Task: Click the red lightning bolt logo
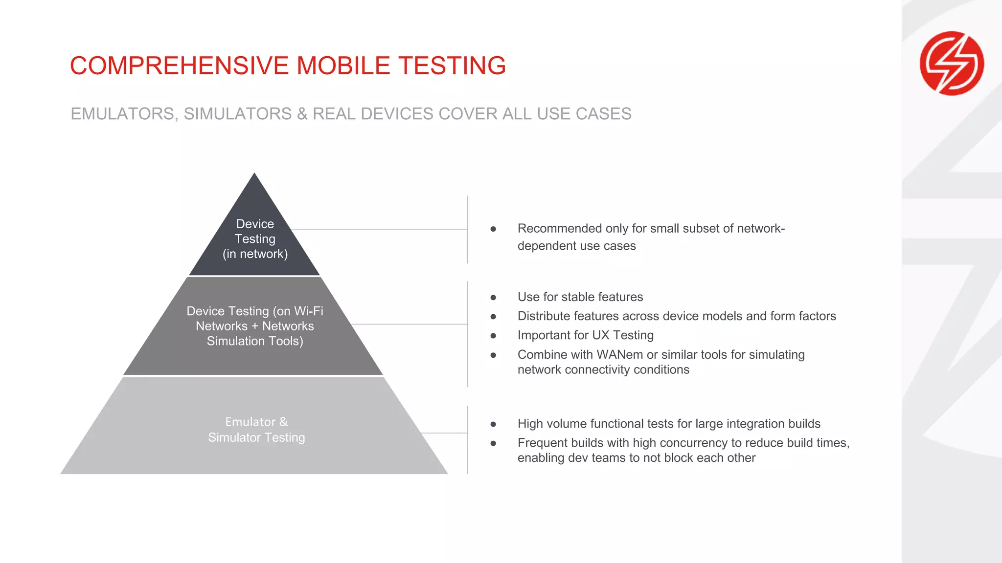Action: pos(952,63)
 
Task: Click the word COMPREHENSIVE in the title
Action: pos(179,65)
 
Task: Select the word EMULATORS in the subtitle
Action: pos(123,114)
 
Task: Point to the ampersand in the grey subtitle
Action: pos(302,114)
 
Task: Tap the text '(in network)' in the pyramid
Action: pos(255,254)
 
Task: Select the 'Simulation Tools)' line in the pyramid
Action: pos(255,341)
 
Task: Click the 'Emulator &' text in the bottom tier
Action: pos(256,422)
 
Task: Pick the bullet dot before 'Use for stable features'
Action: pos(493,297)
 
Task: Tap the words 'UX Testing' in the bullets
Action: pos(622,335)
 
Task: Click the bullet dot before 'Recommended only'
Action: pos(493,229)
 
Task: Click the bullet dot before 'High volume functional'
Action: pos(493,424)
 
